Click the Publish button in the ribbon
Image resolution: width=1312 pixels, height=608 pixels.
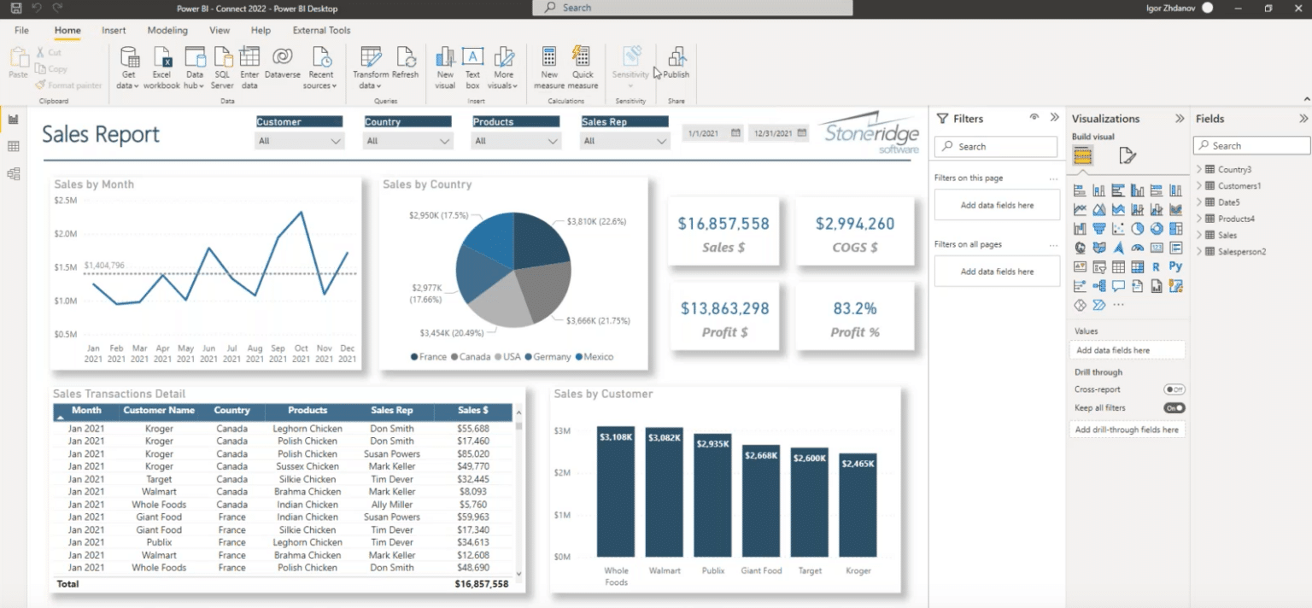(676, 65)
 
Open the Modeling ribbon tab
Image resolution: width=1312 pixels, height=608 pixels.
(167, 30)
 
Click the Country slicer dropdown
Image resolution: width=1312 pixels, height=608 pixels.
(408, 141)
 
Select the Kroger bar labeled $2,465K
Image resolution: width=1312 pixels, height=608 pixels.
(858, 505)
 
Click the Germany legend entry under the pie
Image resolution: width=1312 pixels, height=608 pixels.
(551, 357)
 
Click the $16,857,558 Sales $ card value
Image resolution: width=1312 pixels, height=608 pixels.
(723, 224)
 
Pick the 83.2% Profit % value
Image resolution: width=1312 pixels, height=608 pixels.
(855, 308)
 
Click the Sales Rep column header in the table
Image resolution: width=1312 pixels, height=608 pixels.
(392, 411)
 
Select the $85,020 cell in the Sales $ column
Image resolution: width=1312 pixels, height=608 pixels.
(472, 454)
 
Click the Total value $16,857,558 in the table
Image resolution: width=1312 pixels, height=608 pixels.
(482, 584)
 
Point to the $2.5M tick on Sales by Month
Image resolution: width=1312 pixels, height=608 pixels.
(66, 201)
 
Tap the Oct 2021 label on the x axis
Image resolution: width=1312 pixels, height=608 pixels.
(301, 354)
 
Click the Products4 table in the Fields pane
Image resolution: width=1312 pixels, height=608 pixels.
(1235, 219)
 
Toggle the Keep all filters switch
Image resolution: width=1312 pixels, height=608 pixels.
(1174, 408)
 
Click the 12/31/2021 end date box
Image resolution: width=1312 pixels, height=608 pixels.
(778, 133)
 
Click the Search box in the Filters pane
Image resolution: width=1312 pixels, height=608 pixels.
(996, 147)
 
